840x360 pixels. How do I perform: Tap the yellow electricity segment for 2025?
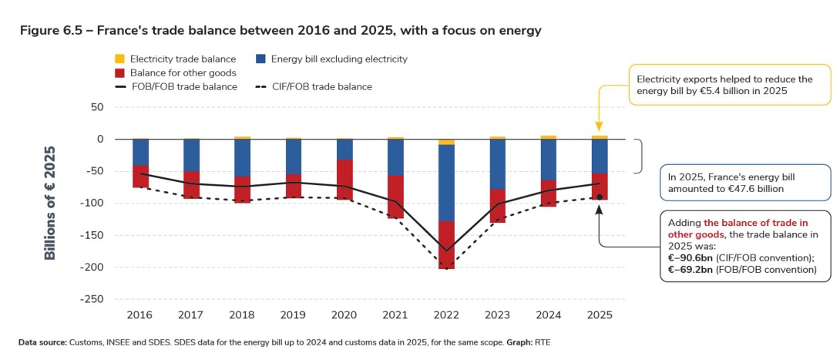click(x=600, y=137)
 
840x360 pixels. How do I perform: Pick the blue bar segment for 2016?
click(x=140, y=152)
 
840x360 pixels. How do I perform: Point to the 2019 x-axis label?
click(x=294, y=315)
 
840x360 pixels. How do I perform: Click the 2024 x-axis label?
click(x=549, y=315)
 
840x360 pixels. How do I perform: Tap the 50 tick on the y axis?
click(x=96, y=107)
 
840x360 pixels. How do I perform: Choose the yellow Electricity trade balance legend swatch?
click(x=119, y=59)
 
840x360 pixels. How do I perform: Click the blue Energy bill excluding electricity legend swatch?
click(x=260, y=59)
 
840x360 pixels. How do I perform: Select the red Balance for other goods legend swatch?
click(x=119, y=72)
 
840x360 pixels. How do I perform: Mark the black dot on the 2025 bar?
click(x=600, y=197)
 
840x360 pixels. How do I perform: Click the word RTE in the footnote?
click(x=543, y=341)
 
